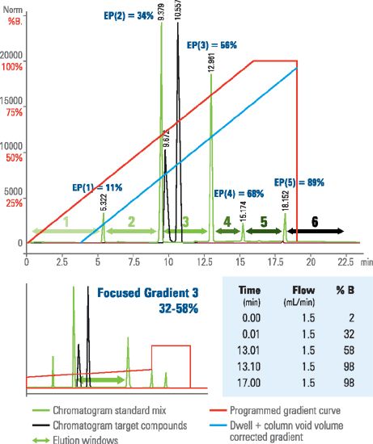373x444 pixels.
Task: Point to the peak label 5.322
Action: [103, 202]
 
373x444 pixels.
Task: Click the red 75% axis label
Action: [13, 113]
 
